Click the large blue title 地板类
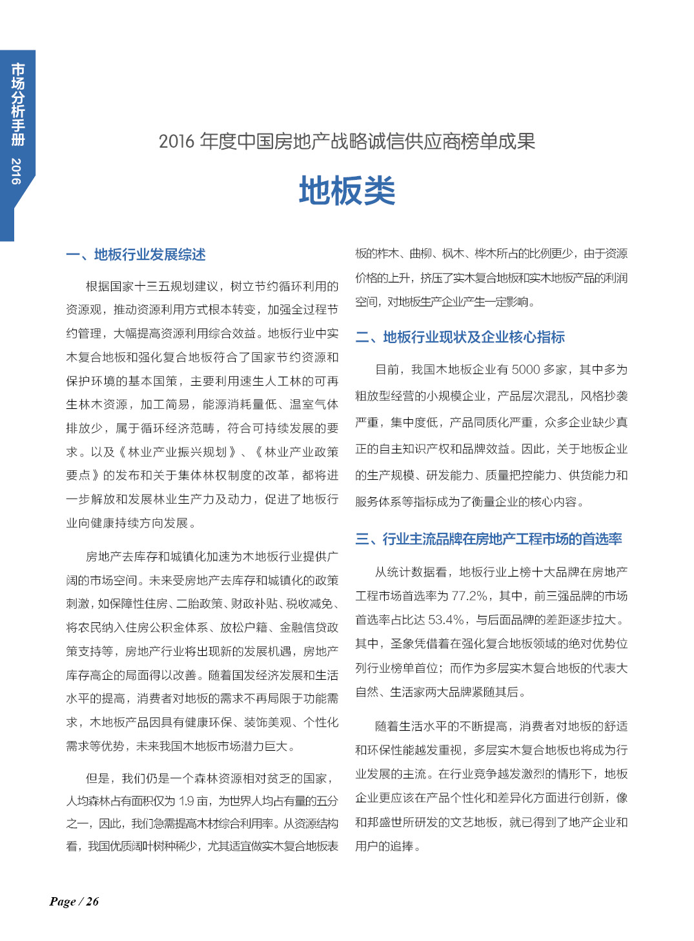point(347,192)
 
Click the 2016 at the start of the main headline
point(176,141)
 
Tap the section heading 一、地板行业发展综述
point(136,255)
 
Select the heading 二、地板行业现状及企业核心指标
point(460,337)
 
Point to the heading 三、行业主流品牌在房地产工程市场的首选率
point(489,539)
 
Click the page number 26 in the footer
point(92,902)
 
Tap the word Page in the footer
point(62,902)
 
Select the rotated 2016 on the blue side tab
point(17,171)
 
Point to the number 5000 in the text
point(526,370)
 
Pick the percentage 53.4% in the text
point(446,620)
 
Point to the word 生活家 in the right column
point(407,692)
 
